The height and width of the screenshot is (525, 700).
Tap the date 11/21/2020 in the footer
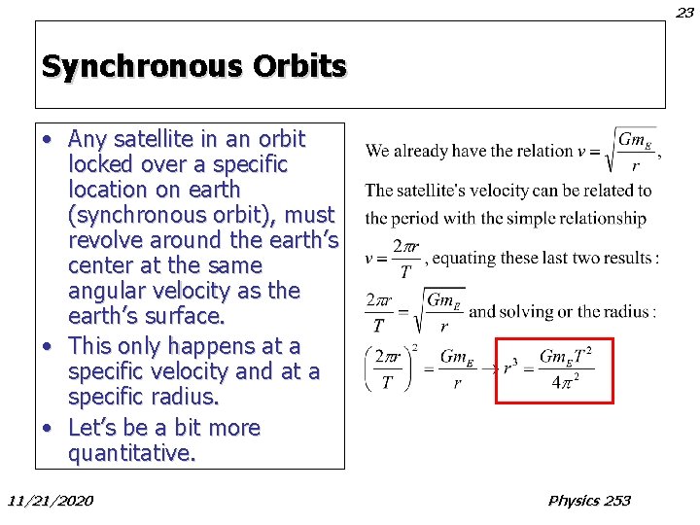click(x=51, y=501)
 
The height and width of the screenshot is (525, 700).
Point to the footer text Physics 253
click(x=589, y=501)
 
